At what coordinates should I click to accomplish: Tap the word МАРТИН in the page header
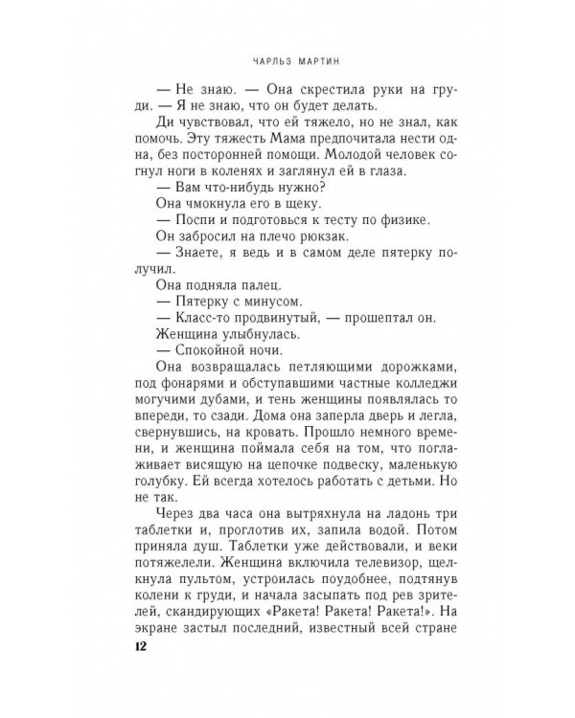pyautogui.click(x=312, y=56)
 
